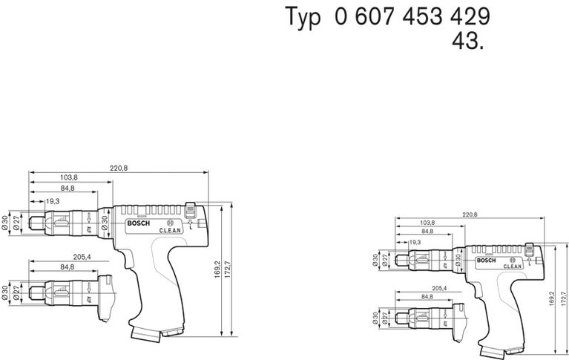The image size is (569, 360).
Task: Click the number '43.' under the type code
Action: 468,41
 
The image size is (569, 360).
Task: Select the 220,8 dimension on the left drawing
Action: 119,168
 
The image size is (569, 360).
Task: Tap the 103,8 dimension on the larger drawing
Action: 68,178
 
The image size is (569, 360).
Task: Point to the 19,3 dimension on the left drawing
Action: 53,201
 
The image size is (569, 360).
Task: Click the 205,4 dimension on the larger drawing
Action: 82,256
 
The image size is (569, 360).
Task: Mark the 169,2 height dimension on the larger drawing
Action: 218,268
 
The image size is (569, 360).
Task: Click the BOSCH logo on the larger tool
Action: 139,225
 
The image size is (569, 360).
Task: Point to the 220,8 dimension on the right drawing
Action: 470,215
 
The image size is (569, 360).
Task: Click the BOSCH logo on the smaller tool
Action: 485,260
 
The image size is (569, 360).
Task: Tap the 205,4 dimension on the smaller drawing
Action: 439,288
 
